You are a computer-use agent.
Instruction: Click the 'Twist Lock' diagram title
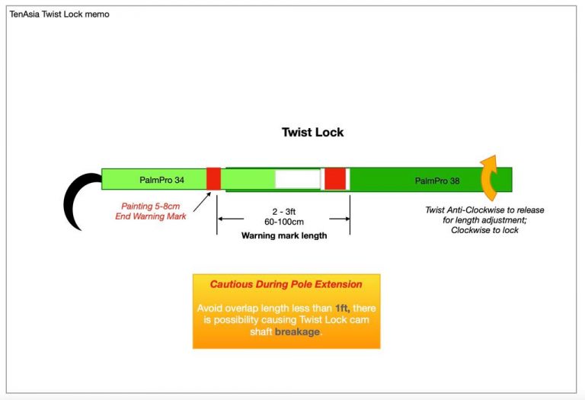312,132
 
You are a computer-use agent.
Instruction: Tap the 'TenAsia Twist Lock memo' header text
59,14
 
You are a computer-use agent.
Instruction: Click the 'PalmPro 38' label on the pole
438,181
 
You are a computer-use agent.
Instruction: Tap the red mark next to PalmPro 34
213,179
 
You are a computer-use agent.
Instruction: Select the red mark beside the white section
335,179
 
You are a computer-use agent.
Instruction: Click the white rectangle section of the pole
297,179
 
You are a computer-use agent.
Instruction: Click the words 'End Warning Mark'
154,216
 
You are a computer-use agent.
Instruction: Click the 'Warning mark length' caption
283,235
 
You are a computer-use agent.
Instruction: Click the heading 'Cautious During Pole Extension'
286,284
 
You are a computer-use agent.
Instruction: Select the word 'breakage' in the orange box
297,332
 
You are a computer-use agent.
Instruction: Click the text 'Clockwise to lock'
484,230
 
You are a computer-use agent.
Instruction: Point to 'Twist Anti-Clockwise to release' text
484,210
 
